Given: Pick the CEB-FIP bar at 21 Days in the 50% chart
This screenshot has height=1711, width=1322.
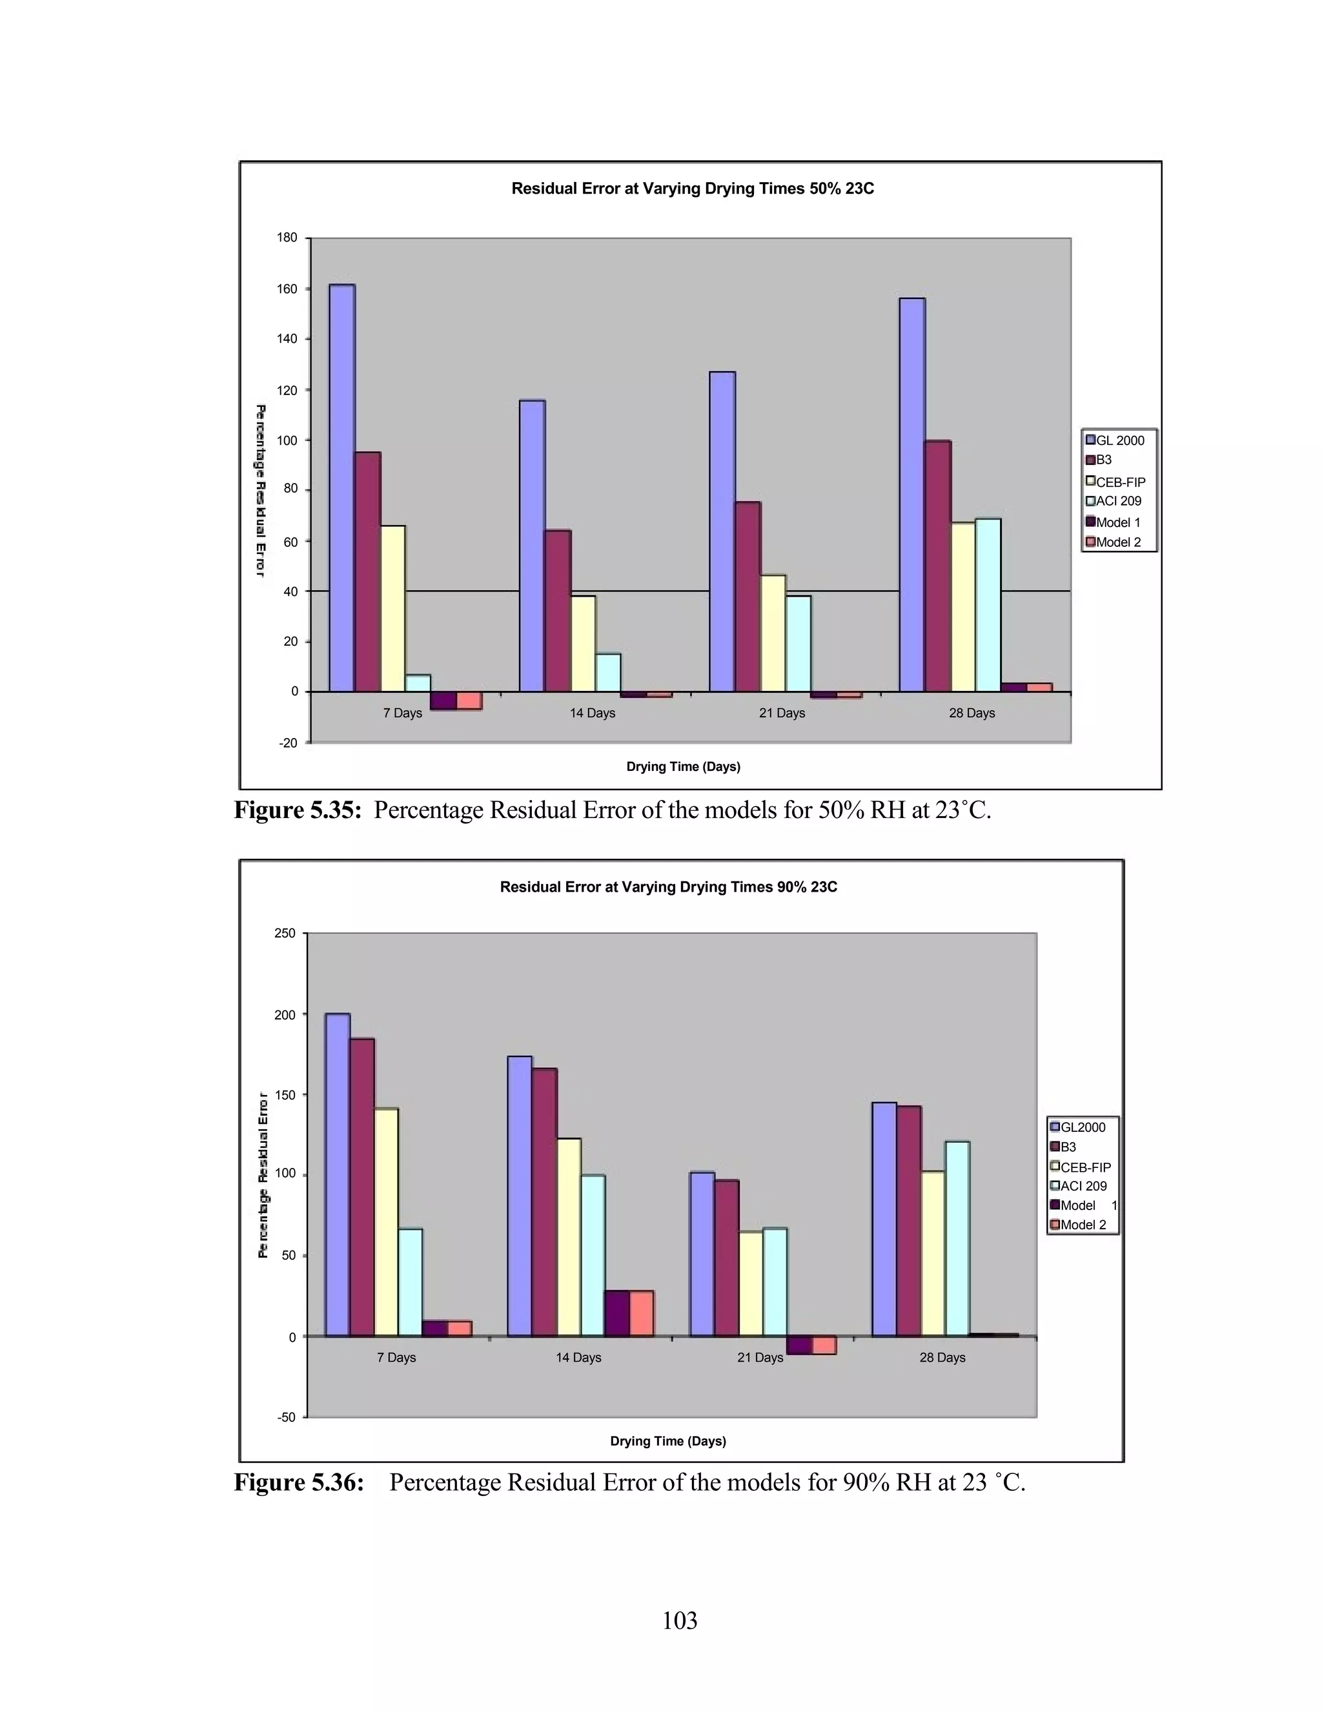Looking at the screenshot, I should coord(773,633).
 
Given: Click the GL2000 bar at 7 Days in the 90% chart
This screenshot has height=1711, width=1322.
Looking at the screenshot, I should coord(338,1174).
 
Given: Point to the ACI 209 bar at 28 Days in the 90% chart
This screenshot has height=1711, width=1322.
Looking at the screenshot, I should coord(957,1238).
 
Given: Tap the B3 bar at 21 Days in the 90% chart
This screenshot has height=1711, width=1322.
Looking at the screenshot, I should coord(727,1257).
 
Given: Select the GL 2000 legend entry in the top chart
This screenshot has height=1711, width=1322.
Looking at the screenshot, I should coord(1119,440).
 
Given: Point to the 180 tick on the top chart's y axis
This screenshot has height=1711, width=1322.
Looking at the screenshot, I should coord(287,238).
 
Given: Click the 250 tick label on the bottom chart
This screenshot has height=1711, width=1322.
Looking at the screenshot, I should coord(285,933).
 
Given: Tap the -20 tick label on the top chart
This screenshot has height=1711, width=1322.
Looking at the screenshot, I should coord(288,743).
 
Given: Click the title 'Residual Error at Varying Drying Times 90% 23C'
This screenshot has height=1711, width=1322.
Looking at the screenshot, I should coord(668,887).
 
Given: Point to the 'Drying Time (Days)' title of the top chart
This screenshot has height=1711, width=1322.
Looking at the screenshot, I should coord(683,766).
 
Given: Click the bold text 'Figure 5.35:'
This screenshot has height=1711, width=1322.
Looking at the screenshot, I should coord(298,810).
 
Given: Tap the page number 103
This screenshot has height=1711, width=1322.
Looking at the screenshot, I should coord(679,1620).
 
